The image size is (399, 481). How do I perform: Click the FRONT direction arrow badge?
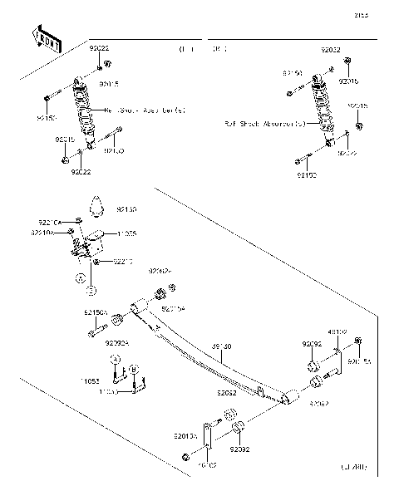click(x=47, y=37)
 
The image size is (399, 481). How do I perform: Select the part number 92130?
click(x=126, y=209)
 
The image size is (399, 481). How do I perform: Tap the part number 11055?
click(x=126, y=235)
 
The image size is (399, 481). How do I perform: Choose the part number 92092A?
click(x=118, y=341)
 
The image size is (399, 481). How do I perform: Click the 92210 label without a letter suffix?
click(x=123, y=262)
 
